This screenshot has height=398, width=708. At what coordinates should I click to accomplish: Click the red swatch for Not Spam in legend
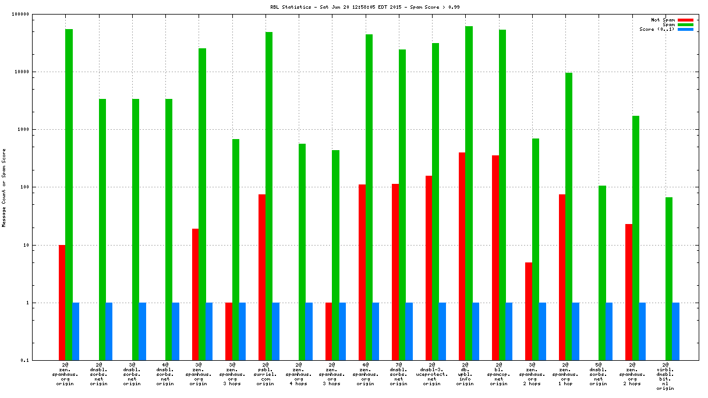click(x=685, y=20)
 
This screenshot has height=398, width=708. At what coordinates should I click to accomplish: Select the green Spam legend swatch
click(x=685, y=24)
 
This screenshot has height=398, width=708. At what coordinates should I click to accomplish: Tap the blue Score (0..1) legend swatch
click(x=685, y=29)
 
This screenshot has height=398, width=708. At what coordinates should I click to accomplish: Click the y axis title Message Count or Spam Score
click(x=4, y=187)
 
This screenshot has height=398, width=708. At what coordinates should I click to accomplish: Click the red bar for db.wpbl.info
click(x=462, y=256)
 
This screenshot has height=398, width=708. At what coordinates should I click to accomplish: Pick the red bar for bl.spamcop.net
click(x=495, y=258)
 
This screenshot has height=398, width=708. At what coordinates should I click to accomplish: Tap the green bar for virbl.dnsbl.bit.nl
click(x=669, y=279)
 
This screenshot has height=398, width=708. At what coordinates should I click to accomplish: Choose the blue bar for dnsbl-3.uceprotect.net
click(x=442, y=332)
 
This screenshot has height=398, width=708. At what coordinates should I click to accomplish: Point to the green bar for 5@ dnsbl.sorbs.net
click(x=602, y=273)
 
